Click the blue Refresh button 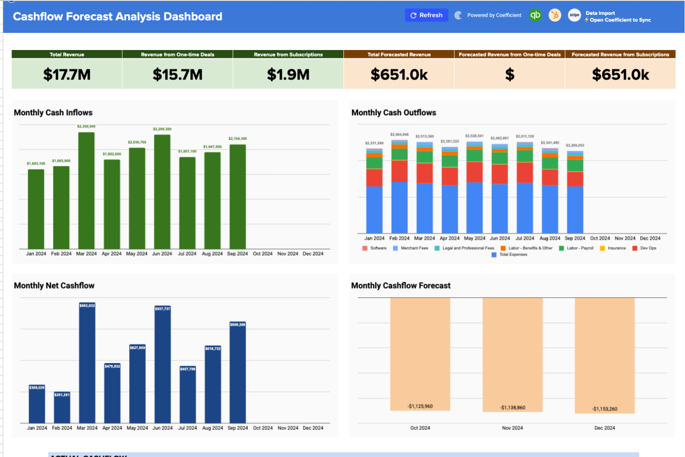426,15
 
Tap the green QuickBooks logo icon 536,15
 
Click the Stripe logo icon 574,15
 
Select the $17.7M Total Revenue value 67,75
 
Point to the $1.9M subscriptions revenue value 288,75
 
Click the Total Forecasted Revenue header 399,55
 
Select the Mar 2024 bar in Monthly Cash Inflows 86,190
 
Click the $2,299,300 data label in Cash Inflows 162,129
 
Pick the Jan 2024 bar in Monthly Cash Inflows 36,209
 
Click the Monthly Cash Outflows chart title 393,113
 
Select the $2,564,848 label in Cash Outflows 399,134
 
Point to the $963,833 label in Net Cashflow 87,306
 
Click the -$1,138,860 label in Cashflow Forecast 513,407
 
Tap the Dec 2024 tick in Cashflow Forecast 604,428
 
